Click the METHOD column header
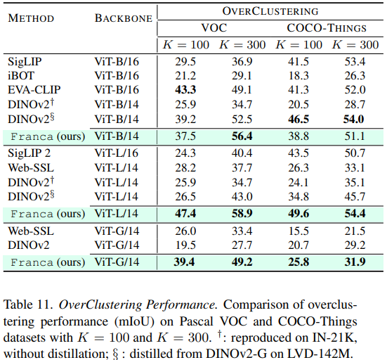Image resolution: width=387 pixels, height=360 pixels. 31,18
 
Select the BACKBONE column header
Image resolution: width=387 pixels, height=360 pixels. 124,18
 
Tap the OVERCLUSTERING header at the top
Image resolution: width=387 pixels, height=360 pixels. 270,11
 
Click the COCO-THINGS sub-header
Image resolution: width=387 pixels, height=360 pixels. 327,28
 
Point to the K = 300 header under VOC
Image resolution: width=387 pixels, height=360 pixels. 242,45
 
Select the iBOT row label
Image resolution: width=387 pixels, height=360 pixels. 21,76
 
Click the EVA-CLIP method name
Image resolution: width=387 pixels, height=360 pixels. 34,90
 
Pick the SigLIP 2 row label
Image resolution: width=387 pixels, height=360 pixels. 29,153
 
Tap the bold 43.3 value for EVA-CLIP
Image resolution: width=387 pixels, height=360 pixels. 185,90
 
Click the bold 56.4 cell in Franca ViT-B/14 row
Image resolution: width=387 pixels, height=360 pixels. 242,136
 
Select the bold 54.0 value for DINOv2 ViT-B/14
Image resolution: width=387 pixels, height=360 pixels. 354,120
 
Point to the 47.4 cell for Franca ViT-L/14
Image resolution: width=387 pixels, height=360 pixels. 185,214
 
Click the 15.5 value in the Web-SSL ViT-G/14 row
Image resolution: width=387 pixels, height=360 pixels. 299,231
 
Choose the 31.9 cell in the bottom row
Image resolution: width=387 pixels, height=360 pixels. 355,262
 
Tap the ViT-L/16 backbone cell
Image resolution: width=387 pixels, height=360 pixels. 117,153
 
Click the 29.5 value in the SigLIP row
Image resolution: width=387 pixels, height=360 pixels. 185,62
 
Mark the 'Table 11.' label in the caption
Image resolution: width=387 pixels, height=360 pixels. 29,304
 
